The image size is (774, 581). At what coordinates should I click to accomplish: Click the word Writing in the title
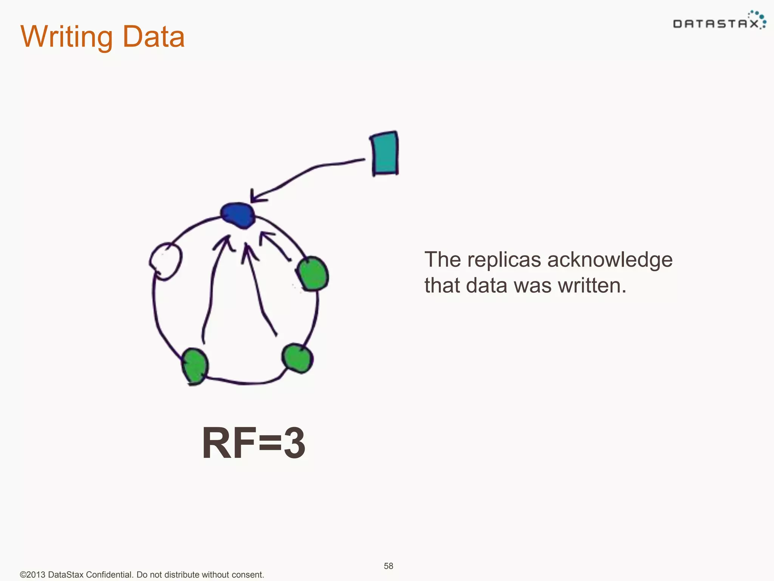point(67,37)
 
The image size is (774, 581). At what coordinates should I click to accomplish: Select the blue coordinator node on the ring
point(238,215)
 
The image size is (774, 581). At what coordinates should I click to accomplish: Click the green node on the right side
point(312,274)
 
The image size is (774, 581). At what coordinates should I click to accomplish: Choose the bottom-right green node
point(297,358)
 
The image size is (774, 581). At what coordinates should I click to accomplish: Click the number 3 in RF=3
point(294,443)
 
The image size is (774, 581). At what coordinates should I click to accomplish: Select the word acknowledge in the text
point(610,260)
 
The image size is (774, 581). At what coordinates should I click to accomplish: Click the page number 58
point(389,566)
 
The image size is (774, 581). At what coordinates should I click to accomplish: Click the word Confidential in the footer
point(109,575)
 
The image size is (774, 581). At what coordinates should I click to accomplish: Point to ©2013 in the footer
point(33,575)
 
